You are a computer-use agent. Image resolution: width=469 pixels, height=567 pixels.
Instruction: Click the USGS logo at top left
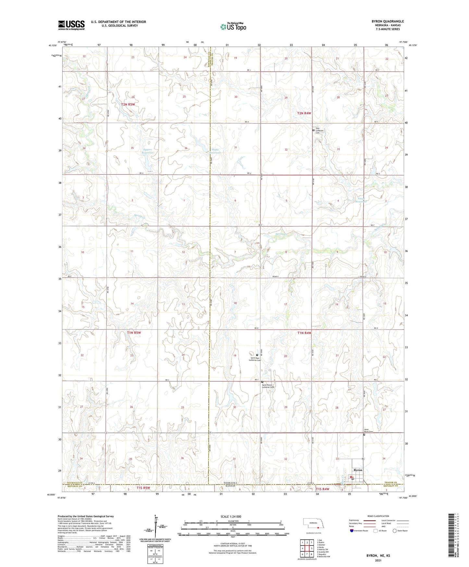tap(71, 25)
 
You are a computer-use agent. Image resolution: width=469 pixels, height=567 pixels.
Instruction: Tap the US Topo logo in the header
tap(233, 26)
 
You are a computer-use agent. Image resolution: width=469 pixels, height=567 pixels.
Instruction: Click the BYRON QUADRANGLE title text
tap(388, 21)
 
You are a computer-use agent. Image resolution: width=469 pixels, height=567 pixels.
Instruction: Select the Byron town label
tap(358, 470)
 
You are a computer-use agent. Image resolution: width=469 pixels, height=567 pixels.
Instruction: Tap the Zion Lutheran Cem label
tap(319, 131)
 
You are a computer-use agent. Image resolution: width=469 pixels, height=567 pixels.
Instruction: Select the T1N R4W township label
tap(304, 333)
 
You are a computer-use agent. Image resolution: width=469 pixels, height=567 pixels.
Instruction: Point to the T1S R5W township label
tap(143, 488)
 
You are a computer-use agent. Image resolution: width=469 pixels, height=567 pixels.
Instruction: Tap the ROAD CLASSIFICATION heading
tap(378, 516)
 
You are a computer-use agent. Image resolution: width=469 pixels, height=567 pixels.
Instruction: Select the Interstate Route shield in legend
tap(352, 531)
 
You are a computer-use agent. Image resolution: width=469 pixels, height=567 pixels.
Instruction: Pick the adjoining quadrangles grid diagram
tap(307, 548)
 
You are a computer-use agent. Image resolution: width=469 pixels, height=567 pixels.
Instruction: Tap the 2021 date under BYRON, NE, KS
tap(378, 561)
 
